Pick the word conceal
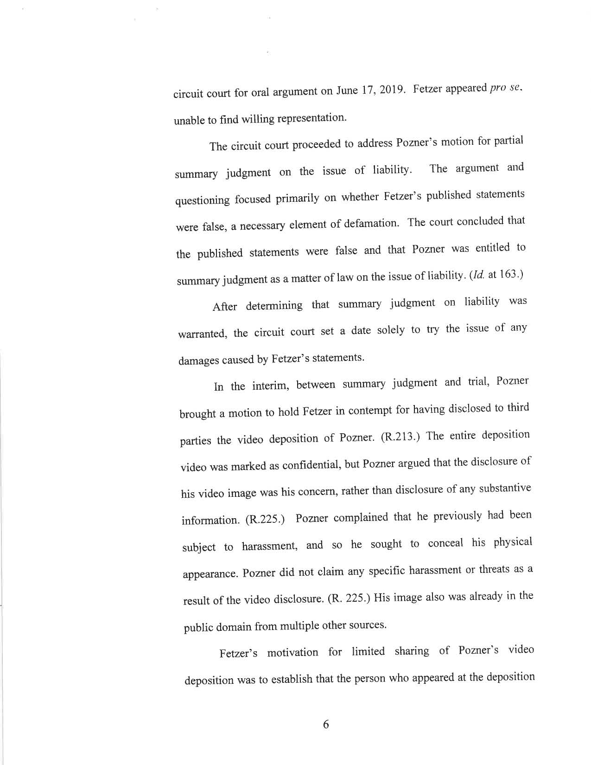coord(445,543)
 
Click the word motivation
coord(292,653)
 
